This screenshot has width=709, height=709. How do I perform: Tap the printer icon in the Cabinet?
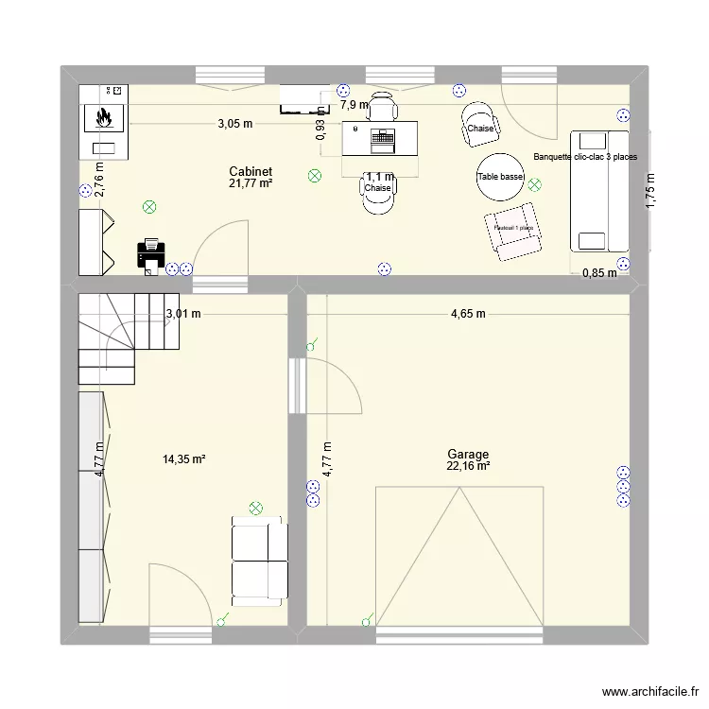click(x=152, y=254)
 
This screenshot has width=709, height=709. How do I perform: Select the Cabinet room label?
click(x=251, y=171)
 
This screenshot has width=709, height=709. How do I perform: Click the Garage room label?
click(x=469, y=454)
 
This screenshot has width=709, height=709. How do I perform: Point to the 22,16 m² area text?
click(x=469, y=466)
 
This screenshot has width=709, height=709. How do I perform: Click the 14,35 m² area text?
click(x=184, y=459)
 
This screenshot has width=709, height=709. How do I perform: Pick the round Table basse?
click(x=500, y=178)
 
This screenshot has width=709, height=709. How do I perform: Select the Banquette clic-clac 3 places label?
click(x=585, y=158)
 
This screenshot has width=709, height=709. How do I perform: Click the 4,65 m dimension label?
click(x=468, y=314)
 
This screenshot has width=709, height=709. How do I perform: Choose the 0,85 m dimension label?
click(x=599, y=273)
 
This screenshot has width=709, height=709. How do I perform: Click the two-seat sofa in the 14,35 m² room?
click(x=259, y=560)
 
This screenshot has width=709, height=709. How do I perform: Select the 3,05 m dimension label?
click(x=235, y=123)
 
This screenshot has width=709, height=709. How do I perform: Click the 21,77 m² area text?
click(x=251, y=183)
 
